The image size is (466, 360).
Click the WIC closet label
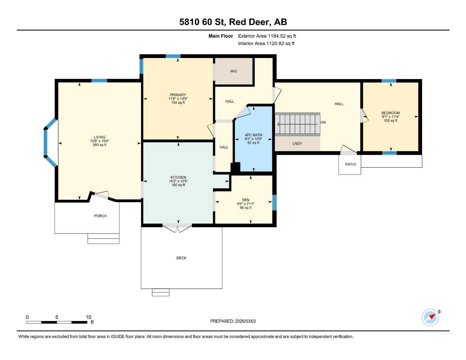(x=234, y=71)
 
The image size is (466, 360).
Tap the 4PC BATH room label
(x=253, y=135)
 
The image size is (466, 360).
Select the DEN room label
(x=245, y=200)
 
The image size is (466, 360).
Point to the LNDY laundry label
(x=297, y=143)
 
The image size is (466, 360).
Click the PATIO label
(x=350, y=165)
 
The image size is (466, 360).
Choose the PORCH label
(x=100, y=216)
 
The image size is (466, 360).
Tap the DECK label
(x=181, y=258)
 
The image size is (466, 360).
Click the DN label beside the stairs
(x=323, y=122)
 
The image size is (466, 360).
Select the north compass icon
(x=431, y=317)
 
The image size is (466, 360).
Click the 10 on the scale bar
(x=89, y=317)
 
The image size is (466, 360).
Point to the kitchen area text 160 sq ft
(x=178, y=185)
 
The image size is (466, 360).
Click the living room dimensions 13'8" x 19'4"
(x=100, y=141)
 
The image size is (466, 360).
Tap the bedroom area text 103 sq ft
(x=390, y=121)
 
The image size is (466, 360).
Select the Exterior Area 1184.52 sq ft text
(x=267, y=36)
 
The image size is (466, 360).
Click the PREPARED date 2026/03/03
(x=233, y=321)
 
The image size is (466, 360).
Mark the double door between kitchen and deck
(x=178, y=227)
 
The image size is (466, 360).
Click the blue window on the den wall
(x=275, y=202)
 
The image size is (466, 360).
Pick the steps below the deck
(x=160, y=292)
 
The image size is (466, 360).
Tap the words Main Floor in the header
(x=221, y=36)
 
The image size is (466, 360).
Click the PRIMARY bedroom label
(x=178, y=95)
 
